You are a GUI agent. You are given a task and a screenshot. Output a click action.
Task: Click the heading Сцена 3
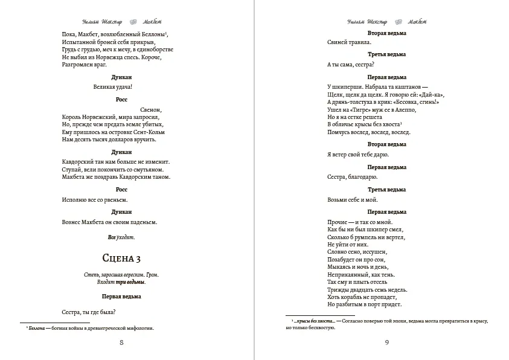[121, 259]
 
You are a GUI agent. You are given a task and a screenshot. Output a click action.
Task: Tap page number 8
[121, 343]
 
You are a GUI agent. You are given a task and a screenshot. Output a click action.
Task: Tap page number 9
[386, 343]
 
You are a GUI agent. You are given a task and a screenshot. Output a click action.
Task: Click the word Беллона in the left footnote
[38, 328]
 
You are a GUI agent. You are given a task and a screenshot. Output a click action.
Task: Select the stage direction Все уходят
[121, 237]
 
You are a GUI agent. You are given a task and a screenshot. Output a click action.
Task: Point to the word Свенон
[151, 109]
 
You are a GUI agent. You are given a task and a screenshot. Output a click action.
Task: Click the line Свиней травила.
[349, 43]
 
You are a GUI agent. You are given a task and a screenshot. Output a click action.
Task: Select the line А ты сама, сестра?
[351, 65]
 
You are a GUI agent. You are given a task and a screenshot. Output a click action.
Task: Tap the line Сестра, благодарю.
[352, 177]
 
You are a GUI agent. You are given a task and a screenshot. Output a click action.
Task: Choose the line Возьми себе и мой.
[352, 199]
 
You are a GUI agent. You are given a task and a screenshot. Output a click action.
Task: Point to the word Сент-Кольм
[149, 132]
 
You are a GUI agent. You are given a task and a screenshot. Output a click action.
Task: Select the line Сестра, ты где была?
[89, 312]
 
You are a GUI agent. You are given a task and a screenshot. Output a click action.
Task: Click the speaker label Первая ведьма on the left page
[121, 297]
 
